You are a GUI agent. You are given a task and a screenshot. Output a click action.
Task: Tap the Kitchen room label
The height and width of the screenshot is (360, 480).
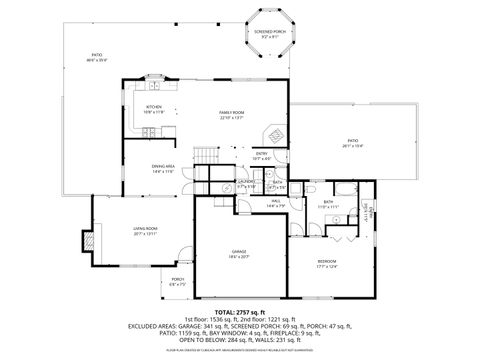click(154, 109)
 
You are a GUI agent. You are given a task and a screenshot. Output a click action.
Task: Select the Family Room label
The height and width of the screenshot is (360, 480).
click(232, 114)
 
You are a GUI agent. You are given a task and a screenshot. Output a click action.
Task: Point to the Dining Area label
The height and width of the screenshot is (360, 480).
click(163, 167)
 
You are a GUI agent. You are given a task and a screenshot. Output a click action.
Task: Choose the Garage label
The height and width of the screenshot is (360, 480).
click(238, 252)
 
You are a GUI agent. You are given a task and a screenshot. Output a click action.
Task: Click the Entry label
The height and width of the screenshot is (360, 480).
click(261, 155)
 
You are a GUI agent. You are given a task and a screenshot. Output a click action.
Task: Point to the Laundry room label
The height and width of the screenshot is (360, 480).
click(246, 184)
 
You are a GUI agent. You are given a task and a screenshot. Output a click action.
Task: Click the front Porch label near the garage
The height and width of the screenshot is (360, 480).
click(178, 281)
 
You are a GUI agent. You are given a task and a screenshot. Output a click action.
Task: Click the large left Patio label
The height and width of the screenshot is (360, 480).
click(97, 57)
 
